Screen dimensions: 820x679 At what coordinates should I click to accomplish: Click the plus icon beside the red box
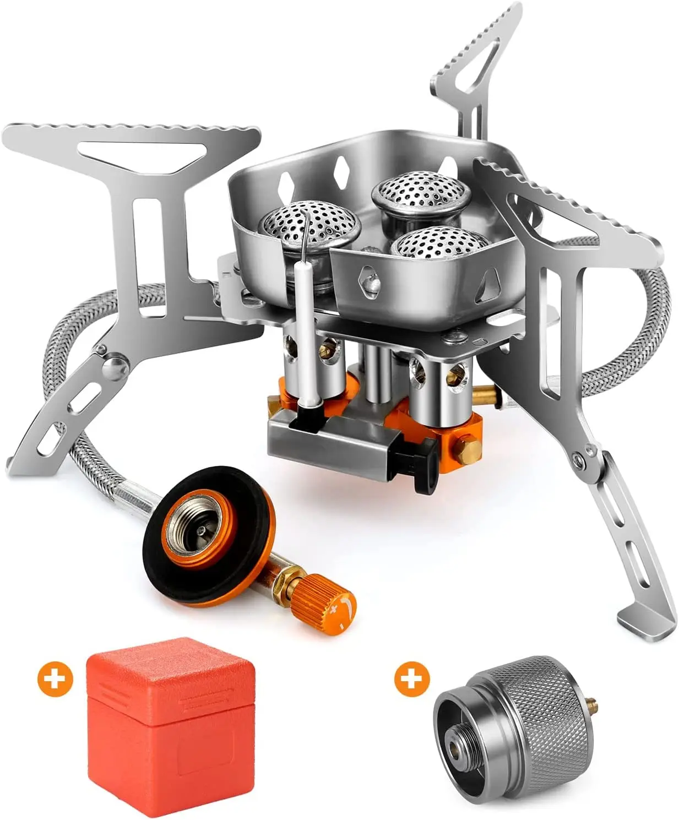pyautogui.click(x=55, y=679)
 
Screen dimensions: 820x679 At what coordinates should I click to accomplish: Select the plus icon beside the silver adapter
pyautogui.click(x=411, y=679)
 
